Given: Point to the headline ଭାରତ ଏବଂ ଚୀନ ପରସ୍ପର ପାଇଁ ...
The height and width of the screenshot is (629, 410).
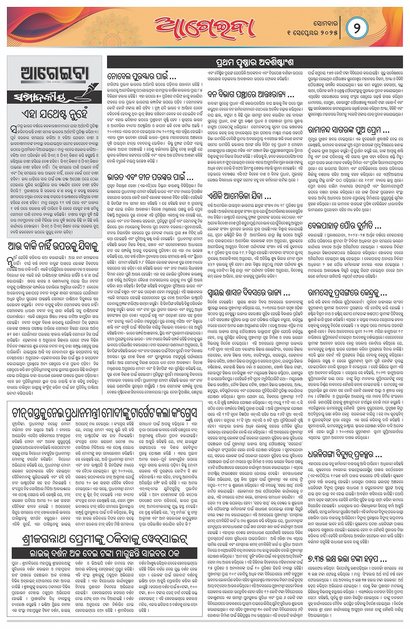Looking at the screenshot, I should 150,177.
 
